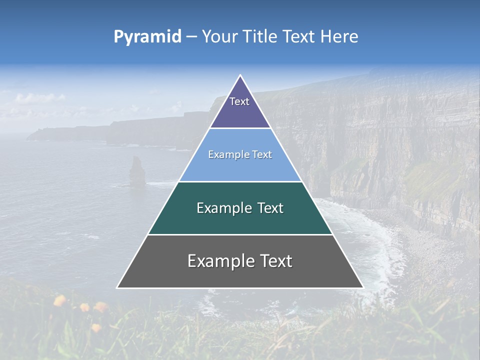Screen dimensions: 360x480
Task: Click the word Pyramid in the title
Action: [147, 37]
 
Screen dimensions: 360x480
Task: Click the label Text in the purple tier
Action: [239, 102]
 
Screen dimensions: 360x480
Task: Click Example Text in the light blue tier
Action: [240, 155]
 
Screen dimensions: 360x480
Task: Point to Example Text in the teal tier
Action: [240, 208]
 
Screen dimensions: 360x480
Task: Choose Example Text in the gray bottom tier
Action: [240, 261]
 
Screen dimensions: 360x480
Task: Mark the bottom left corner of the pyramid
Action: [118, 287]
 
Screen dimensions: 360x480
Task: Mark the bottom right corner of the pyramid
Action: [362, 287]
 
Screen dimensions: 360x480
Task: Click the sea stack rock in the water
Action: [136, 172]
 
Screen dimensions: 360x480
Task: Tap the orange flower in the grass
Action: [60, 300]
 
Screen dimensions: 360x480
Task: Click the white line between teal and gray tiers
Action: [240, 234]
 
